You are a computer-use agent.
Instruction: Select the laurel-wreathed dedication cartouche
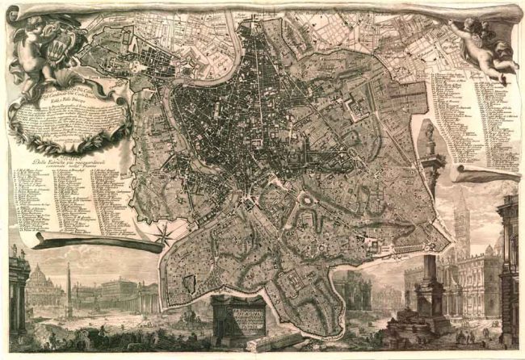click(x=69, y=117)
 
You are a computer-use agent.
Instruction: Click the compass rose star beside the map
click(x=165, y=234)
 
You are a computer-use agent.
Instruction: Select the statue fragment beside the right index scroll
click(x=428, y=137)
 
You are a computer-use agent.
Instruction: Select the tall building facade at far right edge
click(x=509, y=258)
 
